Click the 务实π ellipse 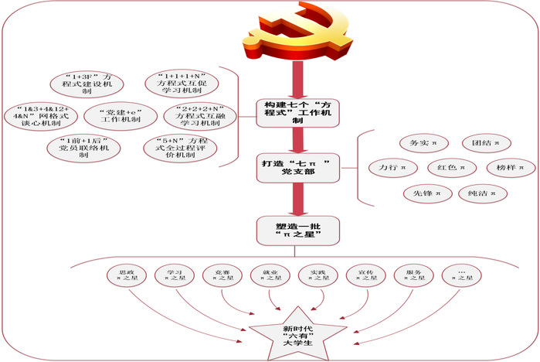(418, 142)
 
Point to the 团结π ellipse (477, 142)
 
